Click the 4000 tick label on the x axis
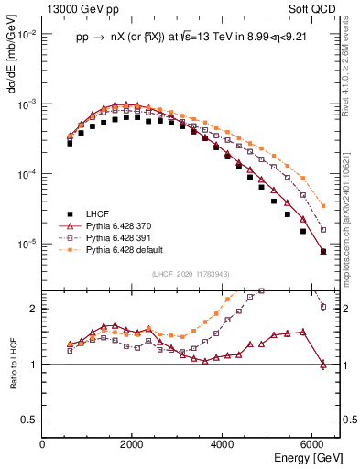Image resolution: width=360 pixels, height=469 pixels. click(x=223, y=444)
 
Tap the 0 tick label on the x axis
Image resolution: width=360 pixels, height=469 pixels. click(x=43, y=444)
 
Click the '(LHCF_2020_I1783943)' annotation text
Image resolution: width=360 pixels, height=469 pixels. click(x=191, y=273)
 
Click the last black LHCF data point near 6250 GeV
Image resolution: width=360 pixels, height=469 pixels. click(x=323, y=251)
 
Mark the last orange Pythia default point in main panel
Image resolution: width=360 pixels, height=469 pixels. click(x=323, y=206)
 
